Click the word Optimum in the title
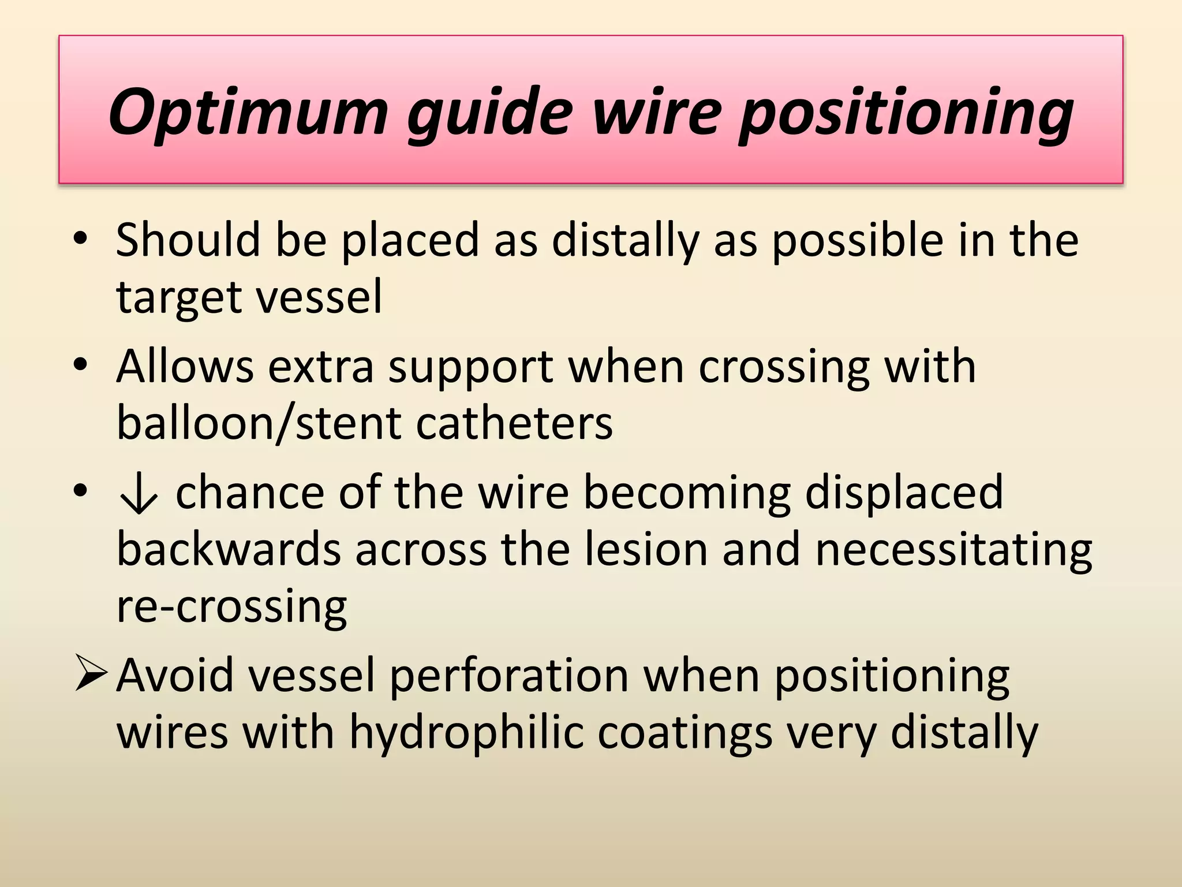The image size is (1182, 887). click(248, 111)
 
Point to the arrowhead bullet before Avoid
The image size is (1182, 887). click(91, 674)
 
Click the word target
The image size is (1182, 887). click(178, 297)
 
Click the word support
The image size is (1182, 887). click(471, 367)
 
